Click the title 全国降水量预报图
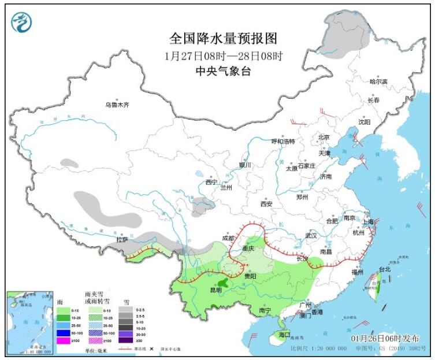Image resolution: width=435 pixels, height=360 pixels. point(224,39)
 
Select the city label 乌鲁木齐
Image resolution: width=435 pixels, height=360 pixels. point(117,105)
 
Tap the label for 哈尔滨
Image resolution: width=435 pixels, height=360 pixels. point(379,81)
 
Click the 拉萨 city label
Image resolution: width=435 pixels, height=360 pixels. point(121,239)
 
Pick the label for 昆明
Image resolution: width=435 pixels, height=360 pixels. point(215,290)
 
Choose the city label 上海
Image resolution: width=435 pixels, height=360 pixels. point(367,222)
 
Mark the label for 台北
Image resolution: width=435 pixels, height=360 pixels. point(384,269)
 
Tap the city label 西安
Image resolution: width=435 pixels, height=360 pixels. point(266,204)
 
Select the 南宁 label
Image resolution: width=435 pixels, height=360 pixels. point(265,310)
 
